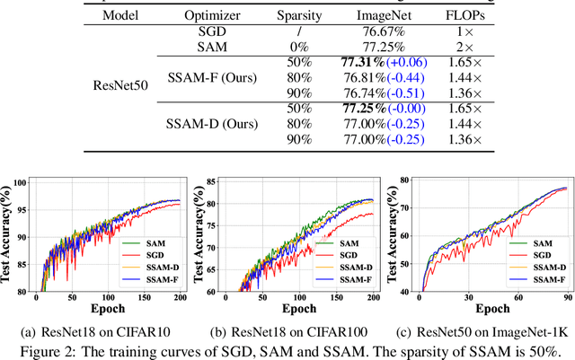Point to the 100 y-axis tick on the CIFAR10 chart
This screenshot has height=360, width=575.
[x=22, y=184]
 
